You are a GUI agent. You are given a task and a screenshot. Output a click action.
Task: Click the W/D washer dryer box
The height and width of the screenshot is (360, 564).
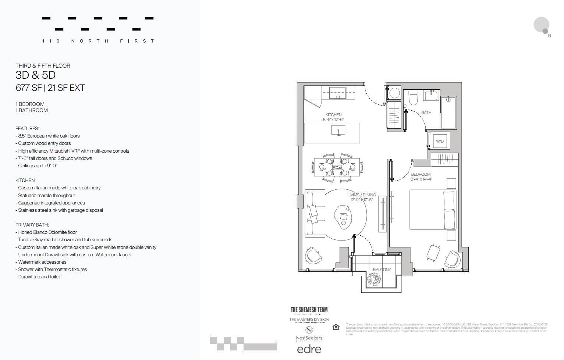click(440, 141)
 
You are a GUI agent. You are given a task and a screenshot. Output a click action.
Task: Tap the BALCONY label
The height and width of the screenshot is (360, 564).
click(382, 270)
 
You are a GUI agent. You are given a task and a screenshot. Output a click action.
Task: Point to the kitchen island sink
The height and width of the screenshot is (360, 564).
click(338, 130)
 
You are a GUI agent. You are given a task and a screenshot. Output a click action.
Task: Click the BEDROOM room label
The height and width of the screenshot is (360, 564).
click(421, 174)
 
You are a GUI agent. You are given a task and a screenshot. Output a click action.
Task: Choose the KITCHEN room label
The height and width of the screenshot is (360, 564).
click(333, 115)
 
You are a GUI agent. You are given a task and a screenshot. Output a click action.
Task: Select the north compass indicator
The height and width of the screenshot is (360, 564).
click(542, 26)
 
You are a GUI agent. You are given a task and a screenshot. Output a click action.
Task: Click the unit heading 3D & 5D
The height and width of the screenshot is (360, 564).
click(35, 75)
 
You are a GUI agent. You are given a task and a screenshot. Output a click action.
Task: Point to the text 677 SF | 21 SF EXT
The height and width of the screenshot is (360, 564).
click(50, 88)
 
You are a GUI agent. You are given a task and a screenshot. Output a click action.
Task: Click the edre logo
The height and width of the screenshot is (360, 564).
click(309, 349)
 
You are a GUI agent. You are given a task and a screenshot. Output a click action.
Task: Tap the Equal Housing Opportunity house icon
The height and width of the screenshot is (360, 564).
click(336, 327)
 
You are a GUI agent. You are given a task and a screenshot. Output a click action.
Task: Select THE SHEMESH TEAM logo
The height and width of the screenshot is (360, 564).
click(309, 310)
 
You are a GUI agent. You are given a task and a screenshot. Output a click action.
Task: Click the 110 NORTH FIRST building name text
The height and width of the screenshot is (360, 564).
click(98, 41)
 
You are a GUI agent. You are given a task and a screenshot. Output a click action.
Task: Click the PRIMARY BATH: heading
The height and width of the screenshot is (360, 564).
click(32, 225)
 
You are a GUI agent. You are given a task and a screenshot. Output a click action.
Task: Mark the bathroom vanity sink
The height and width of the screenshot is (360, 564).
click(431, 96)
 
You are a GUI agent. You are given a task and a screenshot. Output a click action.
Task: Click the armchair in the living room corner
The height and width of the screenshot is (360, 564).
click(313, 255)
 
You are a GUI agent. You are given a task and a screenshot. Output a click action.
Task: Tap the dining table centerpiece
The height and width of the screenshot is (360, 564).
click(337, 168)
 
